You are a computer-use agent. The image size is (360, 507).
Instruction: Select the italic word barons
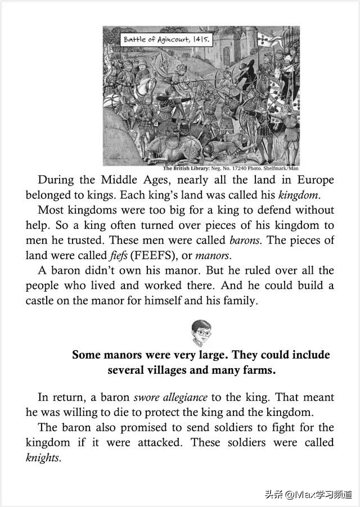click(x=246, y=240)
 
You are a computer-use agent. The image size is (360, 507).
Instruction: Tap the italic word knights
click(x=43, y=458)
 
